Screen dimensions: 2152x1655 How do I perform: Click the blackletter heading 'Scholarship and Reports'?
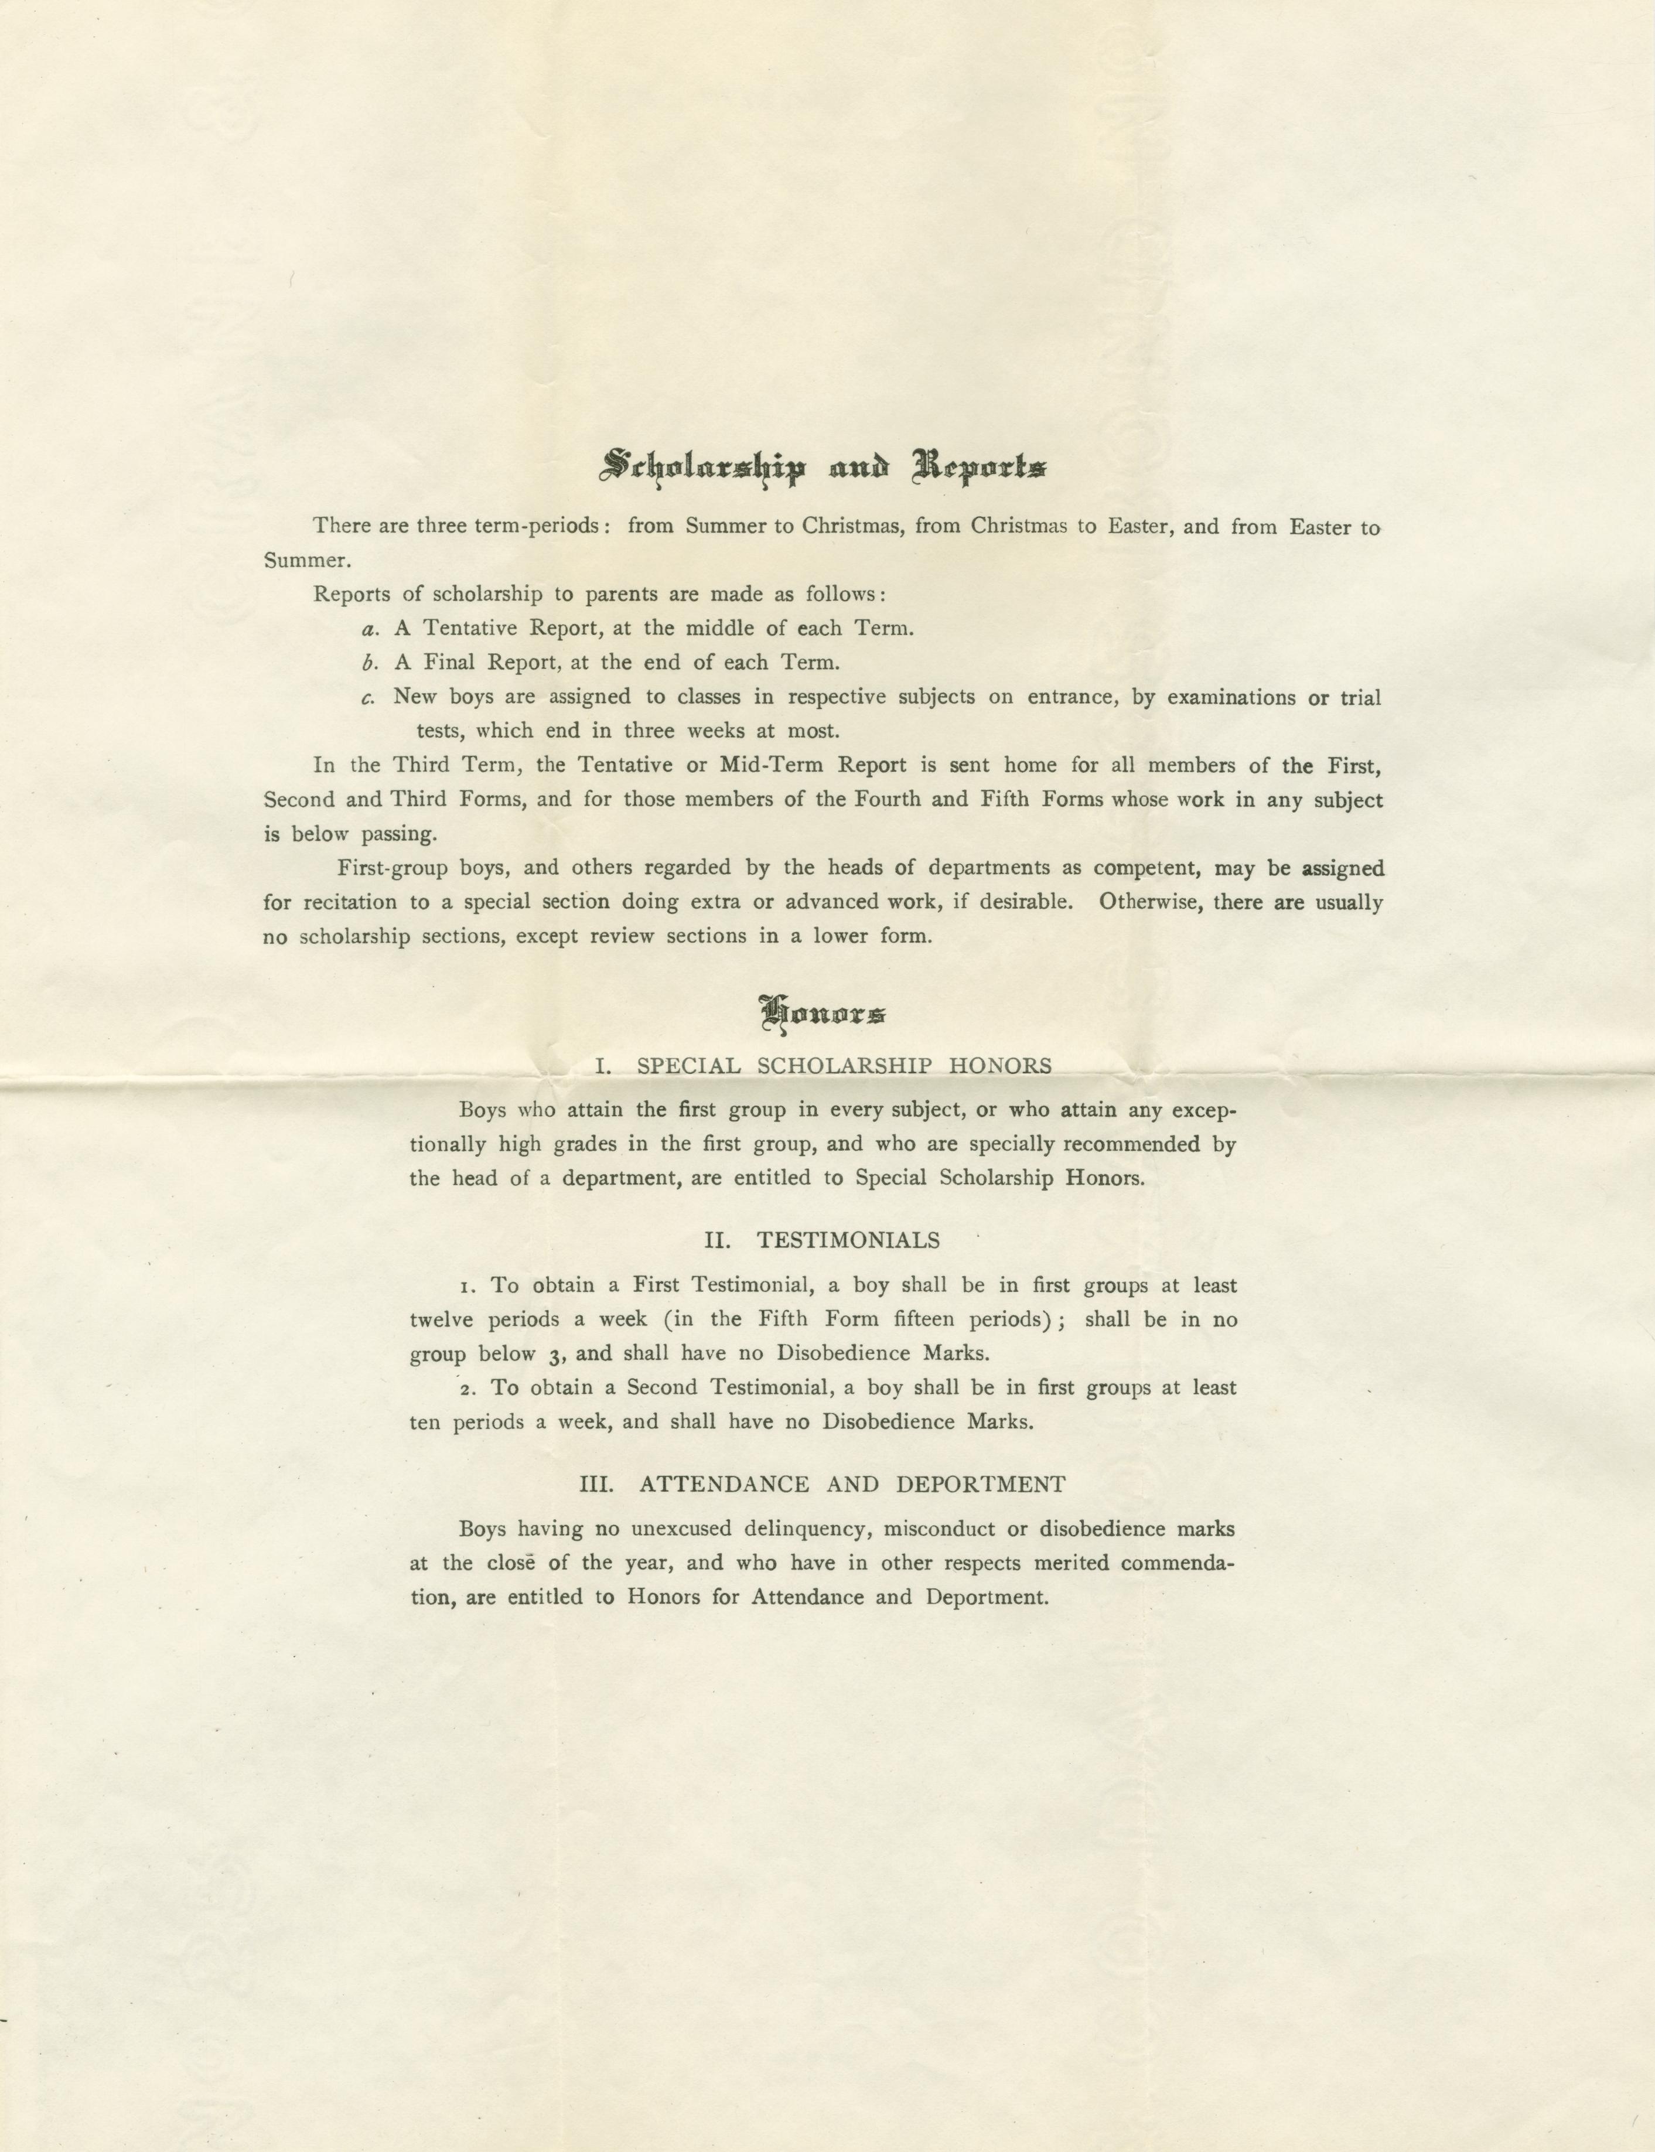point(823,466)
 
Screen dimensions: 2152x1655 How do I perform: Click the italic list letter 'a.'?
point(370,629)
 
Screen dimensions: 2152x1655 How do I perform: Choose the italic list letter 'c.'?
point(370,698)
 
